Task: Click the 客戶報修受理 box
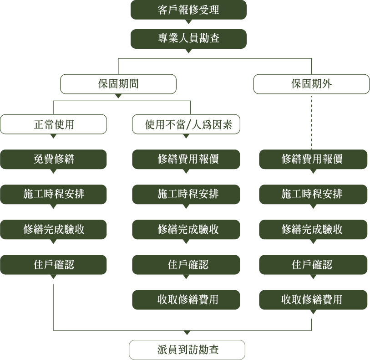click(x=188, y=10)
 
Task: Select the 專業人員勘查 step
click(x=188, y=39)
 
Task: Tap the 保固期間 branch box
click(x=118, y=84)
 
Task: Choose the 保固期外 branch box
click(x=311, y=84)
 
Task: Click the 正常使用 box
click(x=53, y=124)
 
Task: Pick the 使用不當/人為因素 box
click(x=186, y=124)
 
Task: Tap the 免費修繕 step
click(x=53, y=159)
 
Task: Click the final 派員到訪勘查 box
click(x=187, y=350)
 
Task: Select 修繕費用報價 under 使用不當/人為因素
click(x=186, y=159)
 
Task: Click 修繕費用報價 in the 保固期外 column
click(x=313, y=159)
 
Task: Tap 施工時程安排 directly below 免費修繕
click(x=53, y=194)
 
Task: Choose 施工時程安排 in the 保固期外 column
click(x=313, y=194)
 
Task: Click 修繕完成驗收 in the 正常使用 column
click(x=53, y=229)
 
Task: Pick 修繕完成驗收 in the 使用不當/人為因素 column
click(x=186, y=229)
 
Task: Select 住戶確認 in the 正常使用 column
click(x=53, y=264)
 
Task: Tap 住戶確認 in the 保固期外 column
click(x=313, y=264)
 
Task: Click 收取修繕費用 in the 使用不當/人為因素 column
click(x=186, y=299)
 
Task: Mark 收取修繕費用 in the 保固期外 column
click(x=313, y=299)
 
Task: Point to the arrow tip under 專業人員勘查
click(x=188, y=51)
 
